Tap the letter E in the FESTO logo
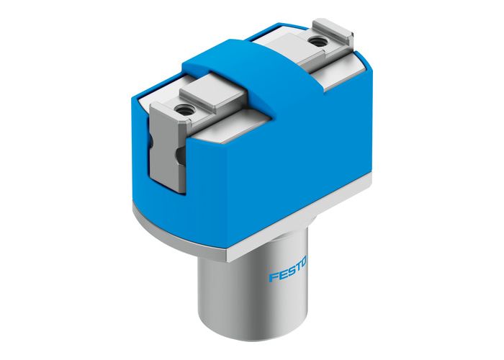click(x=282, y=276)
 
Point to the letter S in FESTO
click(x=290, y=274)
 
